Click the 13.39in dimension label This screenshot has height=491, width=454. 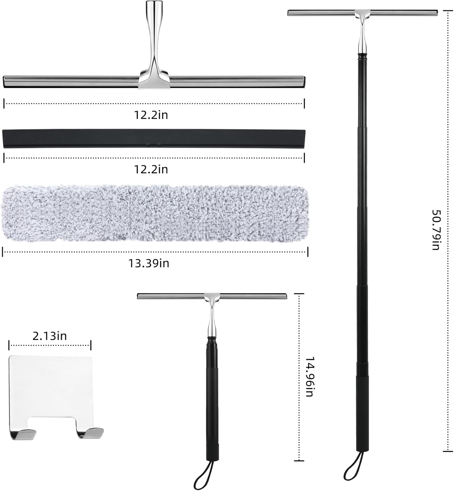pyautogui.click(x=148, y=263)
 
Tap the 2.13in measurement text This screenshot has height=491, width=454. pyautogui.click(x=50, y=336)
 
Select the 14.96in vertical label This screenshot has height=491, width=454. pyautogui.click(x=309, y=376)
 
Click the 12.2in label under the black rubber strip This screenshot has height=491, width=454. pyautogui.click(x=151, y=169)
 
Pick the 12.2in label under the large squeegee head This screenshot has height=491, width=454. pyautogui.click(x=151, y=115)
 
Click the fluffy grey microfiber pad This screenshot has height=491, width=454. pyautogui.click(x=154, y=213)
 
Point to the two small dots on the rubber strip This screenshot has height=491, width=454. pyautogui.click(x=154, y=144)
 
